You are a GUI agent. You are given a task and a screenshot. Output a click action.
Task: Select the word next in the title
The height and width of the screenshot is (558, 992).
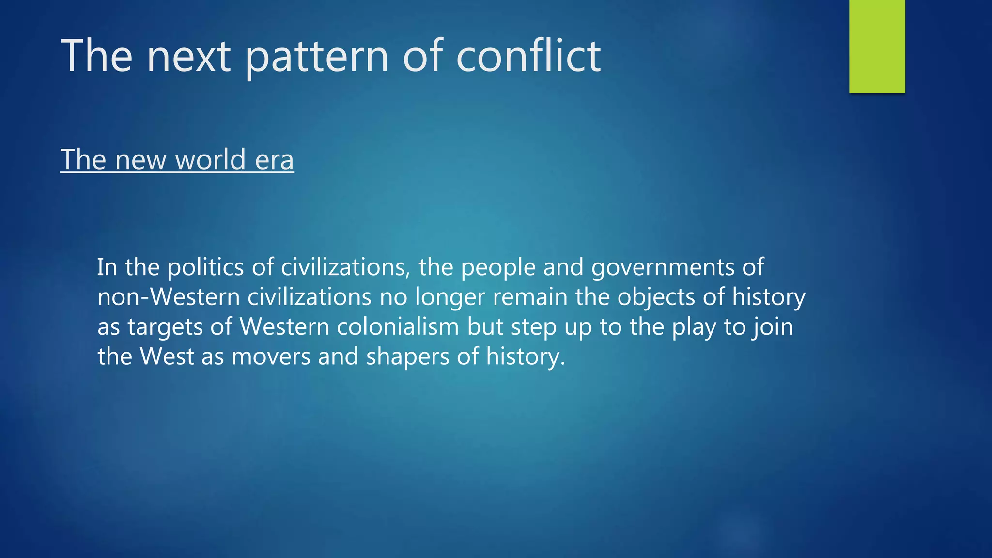pos(189,57)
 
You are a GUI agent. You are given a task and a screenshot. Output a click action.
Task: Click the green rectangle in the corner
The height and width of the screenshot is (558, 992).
pos(877,46)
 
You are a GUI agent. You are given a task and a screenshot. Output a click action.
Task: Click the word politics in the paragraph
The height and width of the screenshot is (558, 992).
pos(205,267)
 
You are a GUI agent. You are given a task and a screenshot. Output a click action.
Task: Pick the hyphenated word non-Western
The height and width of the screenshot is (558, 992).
pos(169,297)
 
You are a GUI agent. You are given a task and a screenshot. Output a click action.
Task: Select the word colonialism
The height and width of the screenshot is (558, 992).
pos(398,326)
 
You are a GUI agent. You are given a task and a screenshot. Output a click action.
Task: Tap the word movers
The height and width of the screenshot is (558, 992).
pos(271,356)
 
